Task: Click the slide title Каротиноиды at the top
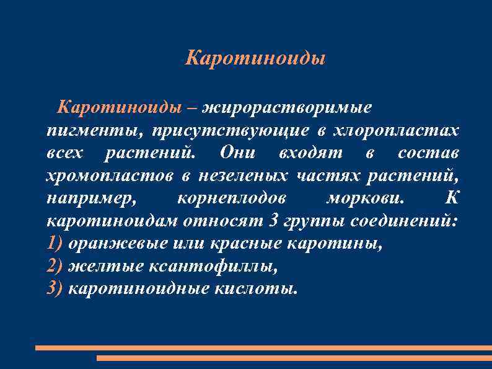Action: click(255, 59)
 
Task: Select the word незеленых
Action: click(243, 176)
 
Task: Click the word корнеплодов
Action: click(232, 198)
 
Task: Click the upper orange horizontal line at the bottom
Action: click(263, 348)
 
